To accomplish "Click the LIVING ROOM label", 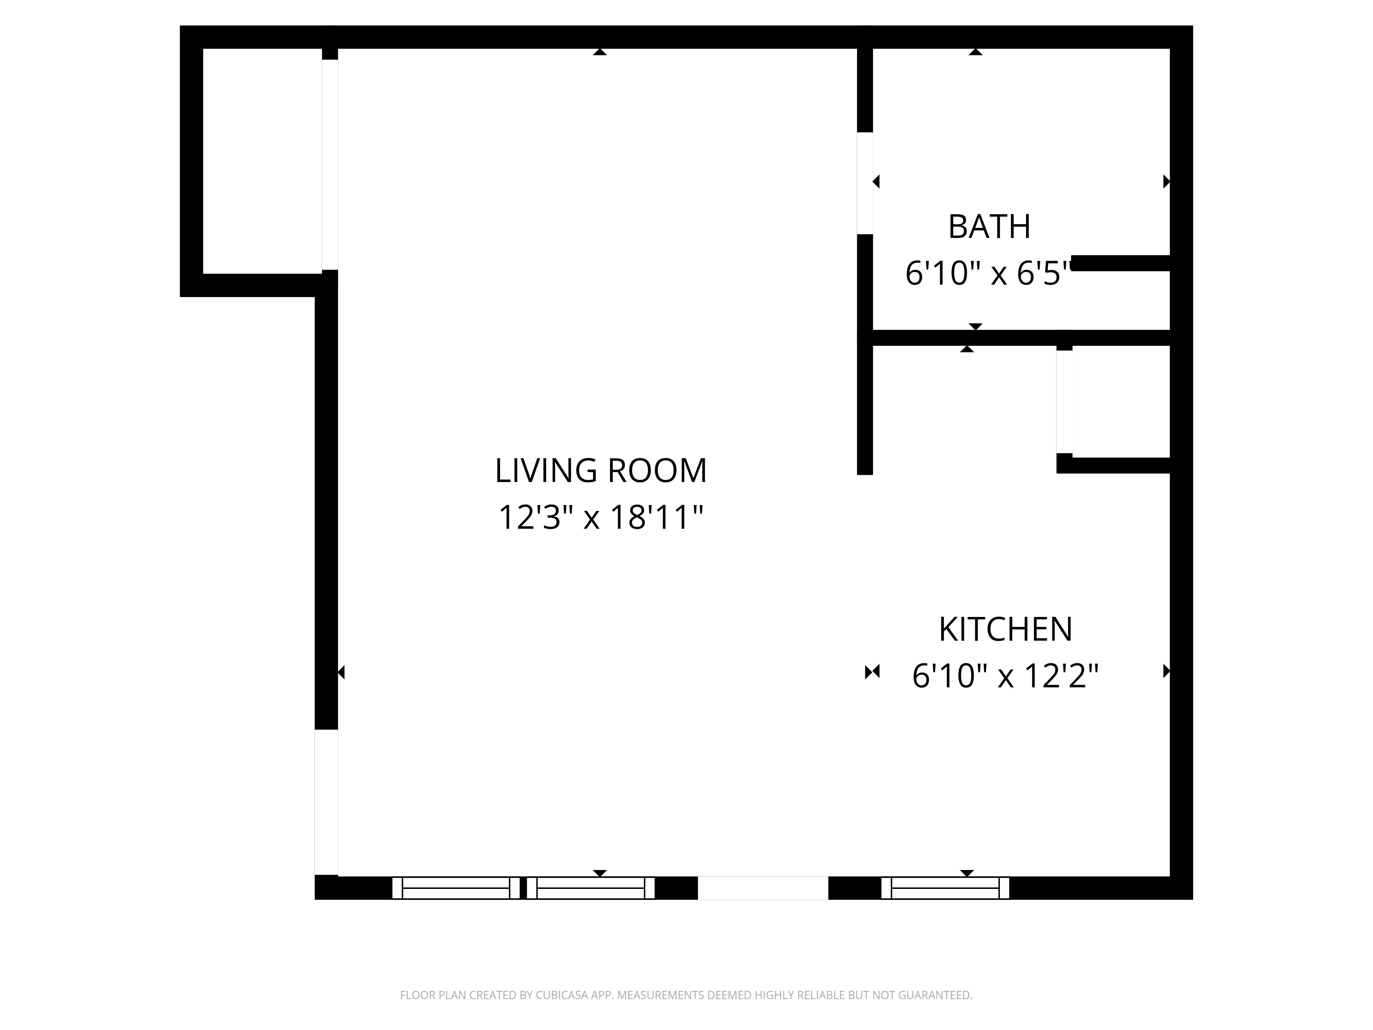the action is click(x=600, y=471).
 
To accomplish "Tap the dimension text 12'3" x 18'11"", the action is click(x=600, y=517).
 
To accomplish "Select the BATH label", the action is click(x=989, y=227).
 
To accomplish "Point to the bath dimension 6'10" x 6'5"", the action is click(x=989, y=273).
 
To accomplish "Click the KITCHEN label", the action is click(x=1005, y=629).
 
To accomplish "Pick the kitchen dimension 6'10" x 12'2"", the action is click(x=1005, y=675).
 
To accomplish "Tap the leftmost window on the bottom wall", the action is click(x=456, y=888).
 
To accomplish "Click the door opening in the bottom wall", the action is click(x=763, y=888).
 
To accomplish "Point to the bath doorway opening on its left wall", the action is click(x=865, y=183).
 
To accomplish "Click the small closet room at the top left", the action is click(x=262, y=161).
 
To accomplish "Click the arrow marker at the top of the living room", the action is click(x=600, y=52).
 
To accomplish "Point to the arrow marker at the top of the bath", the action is click(x=976, y=52).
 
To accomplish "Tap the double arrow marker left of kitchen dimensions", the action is click(x=872, y=671).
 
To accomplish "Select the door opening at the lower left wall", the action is click(x=326, y=802).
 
